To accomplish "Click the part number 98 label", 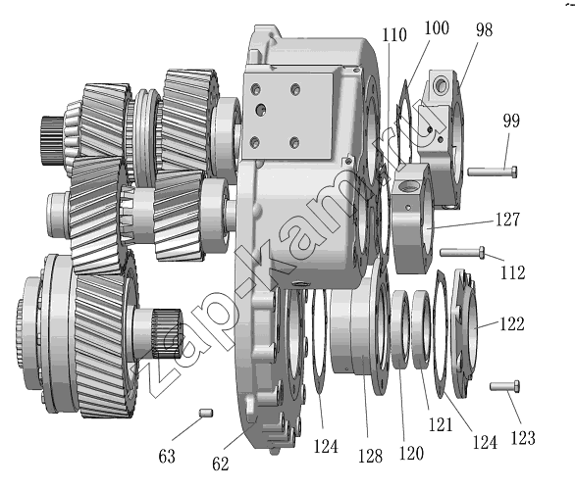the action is tap(484, 29).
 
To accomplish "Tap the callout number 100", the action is tap(437, 27).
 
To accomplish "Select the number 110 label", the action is tap(394, 35).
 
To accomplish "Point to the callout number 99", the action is tap(511, 121).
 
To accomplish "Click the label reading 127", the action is tap(507, 219).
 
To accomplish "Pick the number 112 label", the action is tap(513, 272).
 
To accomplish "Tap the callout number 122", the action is tap(512, 323).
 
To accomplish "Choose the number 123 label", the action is tap(523, 438).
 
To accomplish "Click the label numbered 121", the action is tap(441, 424).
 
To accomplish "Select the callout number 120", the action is tap(411, 453).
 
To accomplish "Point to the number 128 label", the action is tap(370, 456).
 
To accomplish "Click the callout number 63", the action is tap(167, 457).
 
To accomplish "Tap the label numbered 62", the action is tap(221, 464).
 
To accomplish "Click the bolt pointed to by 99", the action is tap(493, 171).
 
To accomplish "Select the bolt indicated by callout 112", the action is tap(462, 252).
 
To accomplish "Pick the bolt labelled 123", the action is tap(504, 386).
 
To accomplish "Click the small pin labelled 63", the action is tap(206, 413).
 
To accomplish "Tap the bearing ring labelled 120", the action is tap(400, 329).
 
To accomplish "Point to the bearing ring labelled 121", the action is tap(422, 329).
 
